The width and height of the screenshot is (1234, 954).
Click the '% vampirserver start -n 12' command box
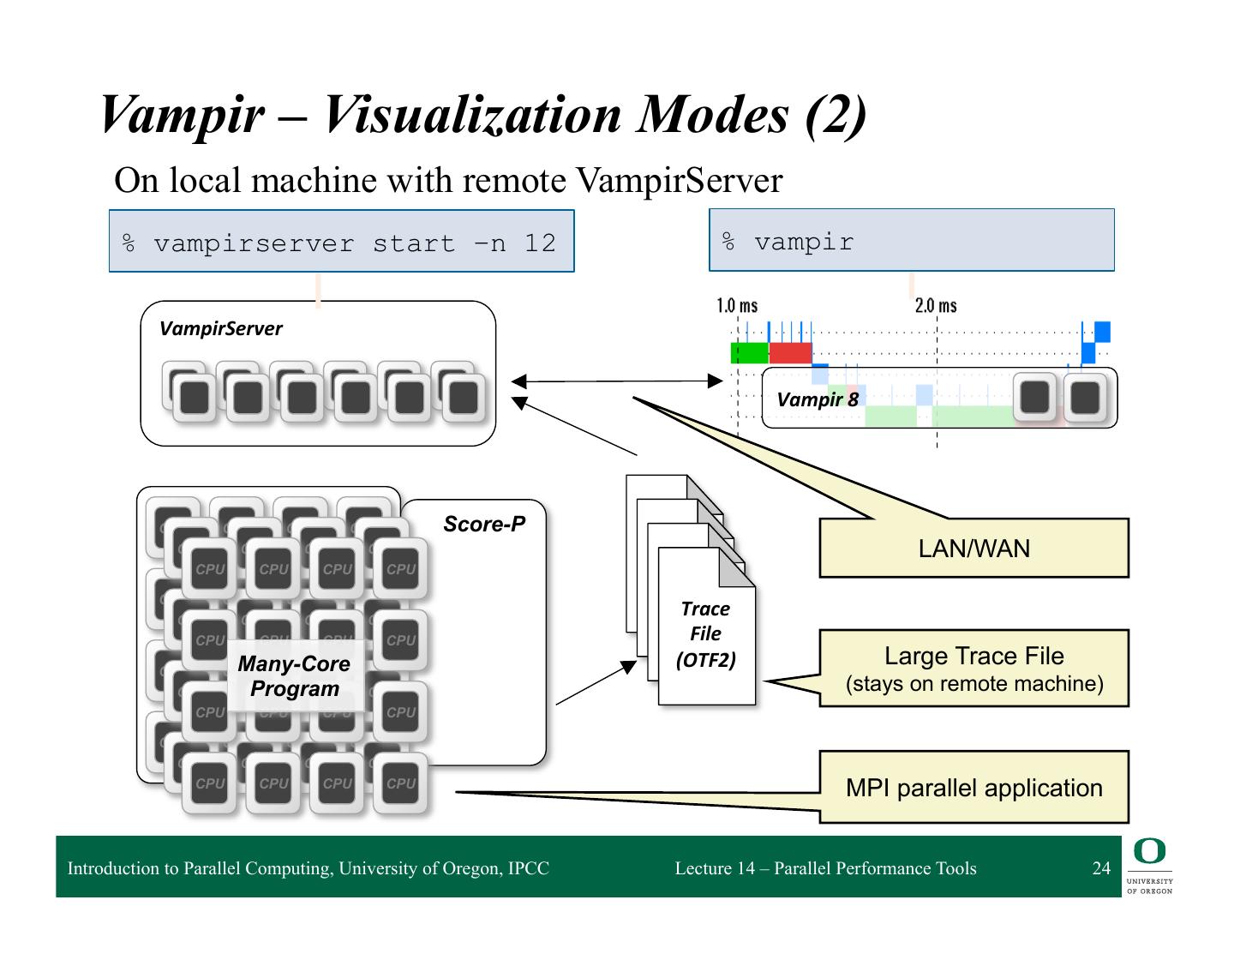point(341,243)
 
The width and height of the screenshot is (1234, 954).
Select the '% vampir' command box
point(911,242)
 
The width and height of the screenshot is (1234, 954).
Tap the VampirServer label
point(220,329)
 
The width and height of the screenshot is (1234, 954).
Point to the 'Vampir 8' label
point(816,399)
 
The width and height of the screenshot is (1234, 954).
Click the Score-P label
point(484,524)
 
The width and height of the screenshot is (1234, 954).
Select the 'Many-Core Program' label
point(294,676)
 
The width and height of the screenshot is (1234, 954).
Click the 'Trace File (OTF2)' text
point(705,634)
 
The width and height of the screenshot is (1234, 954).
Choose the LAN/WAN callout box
point(973,549)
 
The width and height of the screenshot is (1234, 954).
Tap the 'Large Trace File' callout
point(973,669)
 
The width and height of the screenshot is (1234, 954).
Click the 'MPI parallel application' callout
point(973,788)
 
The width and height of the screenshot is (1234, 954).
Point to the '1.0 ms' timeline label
point(737,306)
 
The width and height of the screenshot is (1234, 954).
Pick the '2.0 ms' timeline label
point(936,306)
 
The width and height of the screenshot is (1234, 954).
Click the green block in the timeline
point(750,352)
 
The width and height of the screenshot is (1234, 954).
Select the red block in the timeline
point(790,352)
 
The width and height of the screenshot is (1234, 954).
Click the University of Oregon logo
point(1149,866)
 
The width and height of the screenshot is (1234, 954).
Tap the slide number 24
point(1101,868)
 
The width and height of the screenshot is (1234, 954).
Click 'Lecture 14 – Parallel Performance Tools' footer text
point(825,868)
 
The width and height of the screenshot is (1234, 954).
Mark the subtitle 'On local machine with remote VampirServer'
point(448,181)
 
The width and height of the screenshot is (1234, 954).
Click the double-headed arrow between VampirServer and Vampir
point(617,381)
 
